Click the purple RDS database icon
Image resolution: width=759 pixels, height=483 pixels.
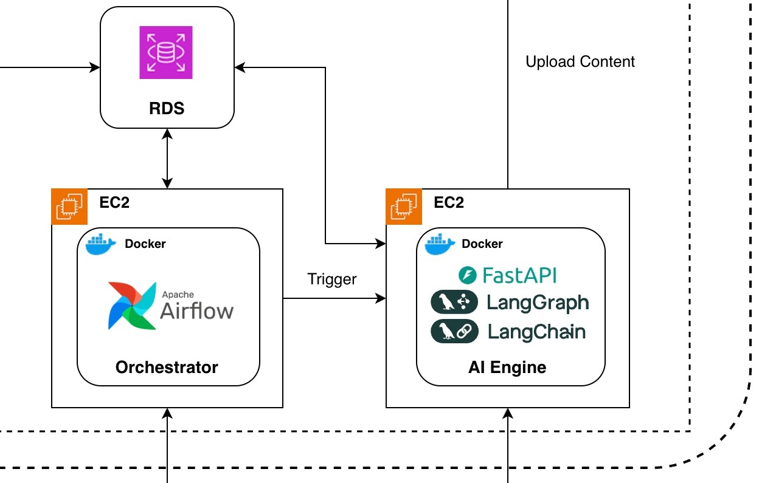point(166,52)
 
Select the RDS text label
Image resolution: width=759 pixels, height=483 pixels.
point(166,109)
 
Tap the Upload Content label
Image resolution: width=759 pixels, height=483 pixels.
point(580,62)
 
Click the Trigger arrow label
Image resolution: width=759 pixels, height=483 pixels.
point(332,279)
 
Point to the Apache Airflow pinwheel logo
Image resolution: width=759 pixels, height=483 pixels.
point(131,305)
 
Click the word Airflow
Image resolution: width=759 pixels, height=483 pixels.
point(196,310)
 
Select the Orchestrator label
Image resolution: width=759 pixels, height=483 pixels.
point(167,367)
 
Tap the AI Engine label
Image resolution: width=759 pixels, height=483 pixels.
point(507,367)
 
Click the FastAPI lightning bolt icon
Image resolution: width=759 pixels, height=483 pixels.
point(467,275)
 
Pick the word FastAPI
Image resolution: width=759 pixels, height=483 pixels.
point(519,275)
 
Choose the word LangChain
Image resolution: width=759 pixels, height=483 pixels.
point(537,331)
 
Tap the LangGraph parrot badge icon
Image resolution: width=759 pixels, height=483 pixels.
point(454,303)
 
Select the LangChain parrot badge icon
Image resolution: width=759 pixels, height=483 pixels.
point(454,331)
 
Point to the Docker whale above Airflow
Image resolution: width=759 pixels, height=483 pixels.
point(101,244)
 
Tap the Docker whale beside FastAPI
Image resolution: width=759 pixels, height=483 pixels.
point(440,244)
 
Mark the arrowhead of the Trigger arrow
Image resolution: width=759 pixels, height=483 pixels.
point(382,298)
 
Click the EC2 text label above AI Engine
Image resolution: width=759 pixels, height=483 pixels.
point(449,202)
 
